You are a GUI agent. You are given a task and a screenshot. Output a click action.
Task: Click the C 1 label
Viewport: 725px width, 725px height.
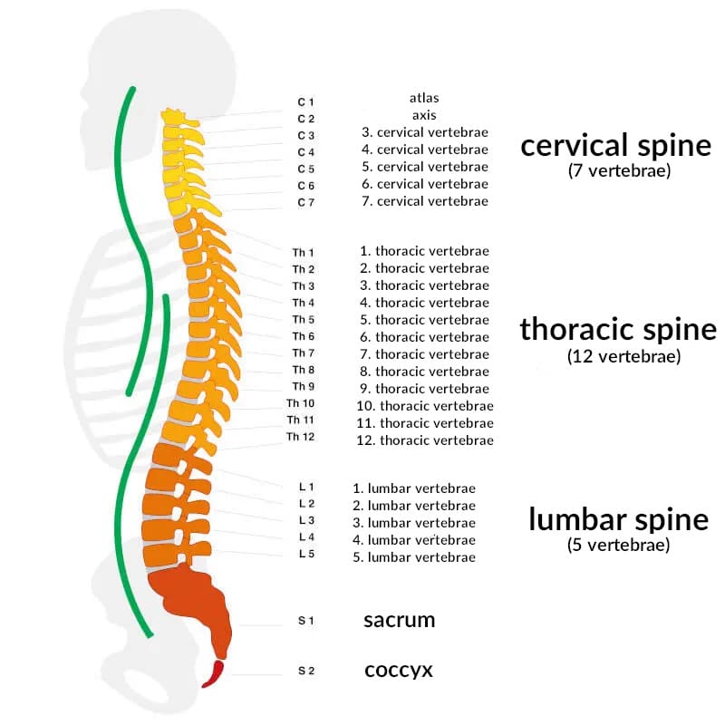(x=305, y=101)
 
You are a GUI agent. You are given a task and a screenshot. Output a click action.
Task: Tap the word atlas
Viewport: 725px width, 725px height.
(x=424, y=97)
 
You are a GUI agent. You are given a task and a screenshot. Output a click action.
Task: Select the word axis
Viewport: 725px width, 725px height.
(x=424, y=115)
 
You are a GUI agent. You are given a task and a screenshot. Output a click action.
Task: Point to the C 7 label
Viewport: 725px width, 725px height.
(x=305, y=202)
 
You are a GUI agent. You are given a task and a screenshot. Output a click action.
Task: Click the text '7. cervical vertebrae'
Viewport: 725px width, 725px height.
(x=424, y=201)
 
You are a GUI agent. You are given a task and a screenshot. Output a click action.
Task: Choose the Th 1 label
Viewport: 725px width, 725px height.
(x=303, y=252)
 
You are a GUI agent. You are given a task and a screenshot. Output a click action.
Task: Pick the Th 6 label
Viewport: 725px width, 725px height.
(x=303, y=336)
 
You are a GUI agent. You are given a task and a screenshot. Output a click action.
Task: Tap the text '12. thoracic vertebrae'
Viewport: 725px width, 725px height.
(x=425, y=440)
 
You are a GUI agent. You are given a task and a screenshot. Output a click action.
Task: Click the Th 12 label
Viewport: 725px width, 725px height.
(x=300, y=437)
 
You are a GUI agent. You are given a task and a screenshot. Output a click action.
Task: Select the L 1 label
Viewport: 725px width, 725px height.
(x=305, y=488)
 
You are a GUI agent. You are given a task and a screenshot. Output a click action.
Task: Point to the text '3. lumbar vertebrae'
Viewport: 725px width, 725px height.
(x=414, y=523)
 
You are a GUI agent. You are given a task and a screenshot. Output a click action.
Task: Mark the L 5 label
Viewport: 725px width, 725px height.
(x=305, y=554)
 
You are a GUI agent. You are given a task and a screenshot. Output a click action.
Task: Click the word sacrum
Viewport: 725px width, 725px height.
(x=399, y=621)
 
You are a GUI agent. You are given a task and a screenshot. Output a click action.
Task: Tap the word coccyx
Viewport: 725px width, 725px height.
(x=398, y=671)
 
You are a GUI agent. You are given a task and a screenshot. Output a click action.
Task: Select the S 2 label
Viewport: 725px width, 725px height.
(x=305, y=672)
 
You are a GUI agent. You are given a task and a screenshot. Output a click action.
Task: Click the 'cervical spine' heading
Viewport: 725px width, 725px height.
(x=615, y=145)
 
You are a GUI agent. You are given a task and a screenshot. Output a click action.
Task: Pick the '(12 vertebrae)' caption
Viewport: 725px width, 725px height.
(x=623, y=356)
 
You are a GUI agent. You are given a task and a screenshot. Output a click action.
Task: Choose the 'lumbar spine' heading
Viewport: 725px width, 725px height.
(x=618, y=519)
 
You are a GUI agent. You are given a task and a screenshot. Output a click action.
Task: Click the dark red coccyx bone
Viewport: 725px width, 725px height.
(x=214, y=674)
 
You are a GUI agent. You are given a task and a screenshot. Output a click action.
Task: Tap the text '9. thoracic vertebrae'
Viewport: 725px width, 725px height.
(x=423, y=389)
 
